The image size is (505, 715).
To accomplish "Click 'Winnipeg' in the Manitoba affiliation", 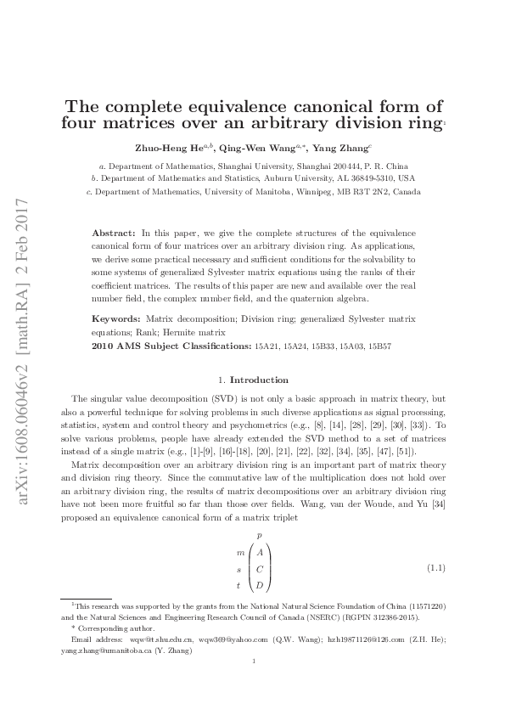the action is tap(315, 192).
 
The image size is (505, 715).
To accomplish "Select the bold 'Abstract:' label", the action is tap(113, 232).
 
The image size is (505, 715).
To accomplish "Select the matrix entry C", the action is tap(259, 568).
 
